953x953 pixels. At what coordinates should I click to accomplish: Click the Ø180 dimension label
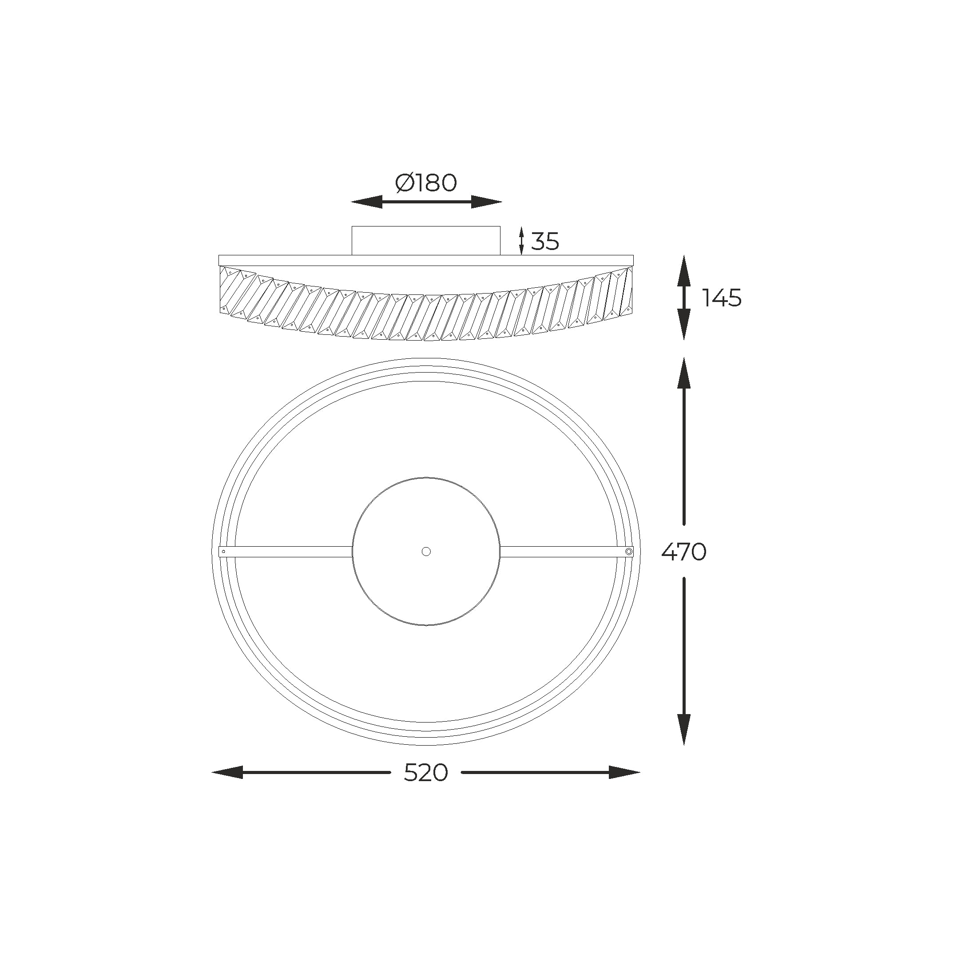(x=426, y=183)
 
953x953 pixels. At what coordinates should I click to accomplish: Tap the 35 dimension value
(x=545, y=241)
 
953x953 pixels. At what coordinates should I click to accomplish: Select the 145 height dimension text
(x=722, y=298)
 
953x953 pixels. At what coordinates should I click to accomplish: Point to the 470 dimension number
(x=684, y=552)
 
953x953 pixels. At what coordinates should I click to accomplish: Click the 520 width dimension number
(x=426, y=772)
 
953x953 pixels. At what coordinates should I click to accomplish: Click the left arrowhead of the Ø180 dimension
(x=366, y=202)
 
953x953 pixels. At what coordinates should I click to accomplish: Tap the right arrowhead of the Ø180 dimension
(x=486, y=202)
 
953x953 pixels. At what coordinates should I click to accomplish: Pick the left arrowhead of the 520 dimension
(x=227, y=772)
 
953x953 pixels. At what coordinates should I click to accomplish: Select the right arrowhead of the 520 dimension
(x=624, y=772)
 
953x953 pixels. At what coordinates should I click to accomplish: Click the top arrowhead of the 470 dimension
(x=684, y=373)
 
